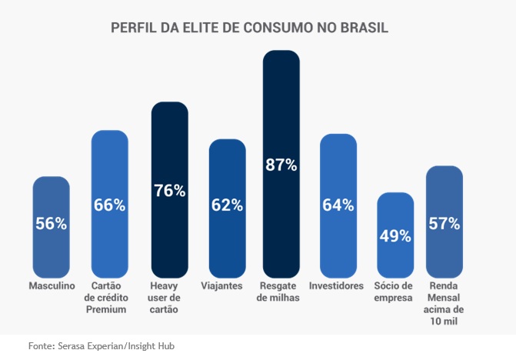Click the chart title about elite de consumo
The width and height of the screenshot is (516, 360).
pyautogui.click(x=250, y=28)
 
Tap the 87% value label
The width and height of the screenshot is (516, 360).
pyautogui.click(x=281, y=165)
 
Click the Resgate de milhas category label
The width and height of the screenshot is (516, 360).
pyautogui.click(x=281, y=292)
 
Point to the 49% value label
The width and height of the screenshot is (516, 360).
pyautogui.click(x=395, y=235)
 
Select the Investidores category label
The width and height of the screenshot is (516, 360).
pyautogui.click(x=336, y=285)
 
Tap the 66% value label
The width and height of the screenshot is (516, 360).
pyautogui.click(x=109, y=205)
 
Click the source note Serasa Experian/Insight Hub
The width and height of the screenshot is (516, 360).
pyautogui.click(x=102, y=346)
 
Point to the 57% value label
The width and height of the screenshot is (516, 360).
pyautogui.click(x=444, y=224)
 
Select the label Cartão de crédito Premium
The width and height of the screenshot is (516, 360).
pyautogui.click(x=109, y=297)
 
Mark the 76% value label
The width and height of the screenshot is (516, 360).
pyautogui.click(x=169, y=191)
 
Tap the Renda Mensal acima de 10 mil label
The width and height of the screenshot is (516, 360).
pyautogui.click(x=444, y=302)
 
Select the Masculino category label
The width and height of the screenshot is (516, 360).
pyautogui.click(x=51, y=285)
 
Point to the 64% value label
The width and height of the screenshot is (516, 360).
pyautogui.click(x=338, y=205)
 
